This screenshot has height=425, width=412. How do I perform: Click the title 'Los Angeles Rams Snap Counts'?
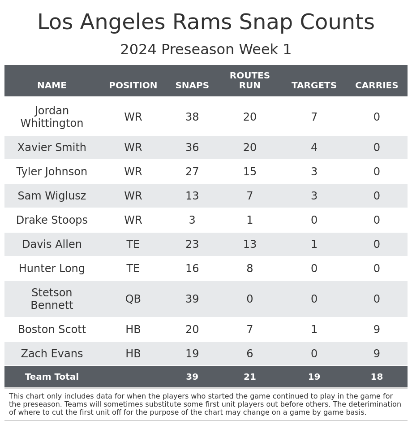(206, 22)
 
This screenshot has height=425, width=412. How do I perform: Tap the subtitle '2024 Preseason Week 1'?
(206, 50)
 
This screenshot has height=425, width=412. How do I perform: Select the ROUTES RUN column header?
(249, 81)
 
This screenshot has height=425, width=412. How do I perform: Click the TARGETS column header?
(314, 86)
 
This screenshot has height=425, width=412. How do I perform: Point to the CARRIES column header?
(377, 86)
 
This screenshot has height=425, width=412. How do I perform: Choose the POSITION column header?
(133, 86)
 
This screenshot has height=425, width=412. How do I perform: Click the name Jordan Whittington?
(52, 117)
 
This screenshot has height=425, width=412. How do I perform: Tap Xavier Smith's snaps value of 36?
(192, 147)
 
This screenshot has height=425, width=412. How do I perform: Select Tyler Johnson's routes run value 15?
(249, 172)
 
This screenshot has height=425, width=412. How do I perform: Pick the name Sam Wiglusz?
(52, 196)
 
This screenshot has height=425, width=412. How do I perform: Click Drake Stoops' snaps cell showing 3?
(192, 220)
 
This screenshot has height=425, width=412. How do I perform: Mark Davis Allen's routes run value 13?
(249, 244)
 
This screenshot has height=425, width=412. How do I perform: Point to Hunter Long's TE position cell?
(133, 269)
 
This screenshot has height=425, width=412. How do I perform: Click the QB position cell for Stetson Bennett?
(133, 299)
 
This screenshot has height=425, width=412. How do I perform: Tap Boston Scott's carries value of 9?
(377, 330)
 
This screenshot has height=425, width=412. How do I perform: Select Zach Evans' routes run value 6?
(249, 354)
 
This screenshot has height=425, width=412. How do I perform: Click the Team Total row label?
(52, 377)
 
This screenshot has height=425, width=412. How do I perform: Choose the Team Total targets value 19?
(314, 377)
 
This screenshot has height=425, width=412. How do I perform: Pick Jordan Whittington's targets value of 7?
(314, 117)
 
